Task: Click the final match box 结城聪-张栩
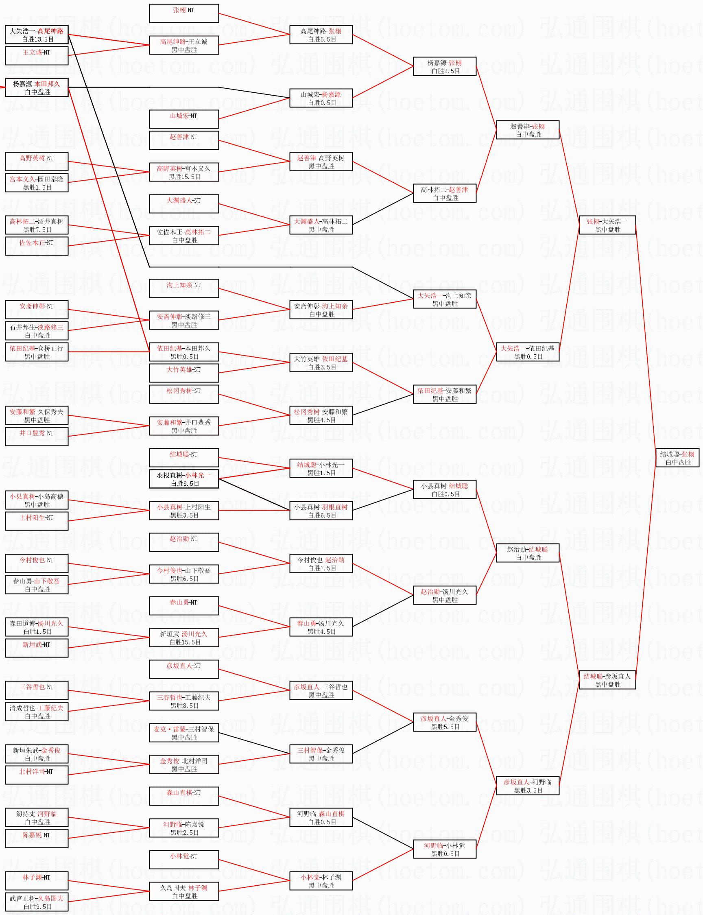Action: tap(677, 458)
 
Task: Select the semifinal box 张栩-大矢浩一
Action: tap(607, 225)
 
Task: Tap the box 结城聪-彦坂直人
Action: tap(607, 680)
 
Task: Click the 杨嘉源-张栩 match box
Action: tap(444, 67)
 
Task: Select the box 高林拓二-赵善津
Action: tap(444, 193)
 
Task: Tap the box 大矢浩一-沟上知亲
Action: tap(444, 299)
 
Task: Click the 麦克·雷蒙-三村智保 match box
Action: tap(184, 733)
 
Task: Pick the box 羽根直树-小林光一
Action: tap(184, 479)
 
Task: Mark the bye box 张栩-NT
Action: tap(184, 13)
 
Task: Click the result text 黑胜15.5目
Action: tap(185, 177)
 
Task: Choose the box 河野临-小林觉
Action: tap(444, 849)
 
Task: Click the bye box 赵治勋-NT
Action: tap(184, 542)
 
